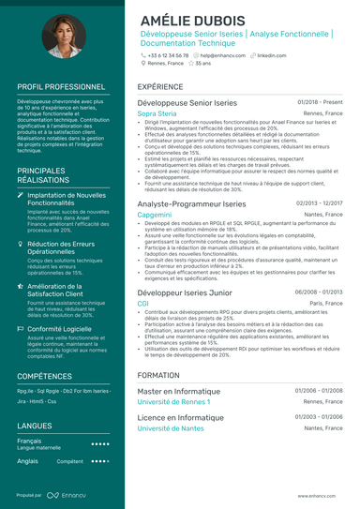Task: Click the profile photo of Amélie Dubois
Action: pos(60,37)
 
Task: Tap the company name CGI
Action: pos(142,304)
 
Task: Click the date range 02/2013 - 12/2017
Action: pos(319,202)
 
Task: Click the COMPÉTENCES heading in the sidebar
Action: pos(44,375)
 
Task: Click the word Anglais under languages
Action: pos(28,461)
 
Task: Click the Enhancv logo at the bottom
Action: pos(71,496)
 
